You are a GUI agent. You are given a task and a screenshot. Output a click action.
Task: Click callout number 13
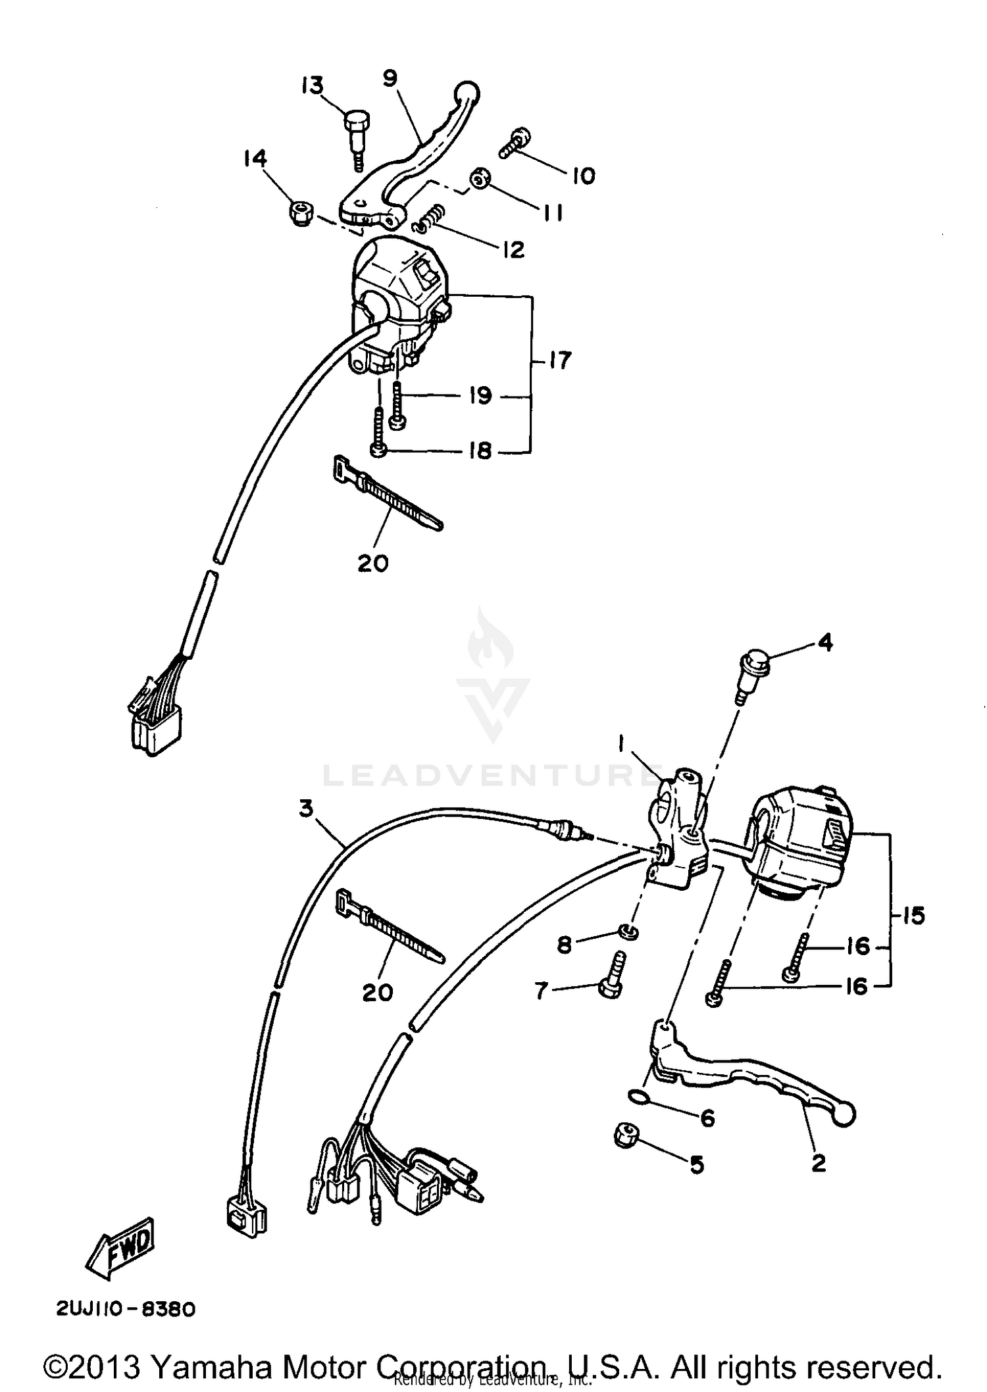point(313,86)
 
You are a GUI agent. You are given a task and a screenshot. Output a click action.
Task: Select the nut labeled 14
point(301,214)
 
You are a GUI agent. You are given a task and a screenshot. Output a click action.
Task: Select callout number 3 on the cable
point(306,808)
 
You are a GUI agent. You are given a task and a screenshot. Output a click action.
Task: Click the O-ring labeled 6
point(638,1095)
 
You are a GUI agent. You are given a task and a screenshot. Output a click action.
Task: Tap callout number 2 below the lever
point(818,1163)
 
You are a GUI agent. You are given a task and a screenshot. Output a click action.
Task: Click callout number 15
point(913,915)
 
